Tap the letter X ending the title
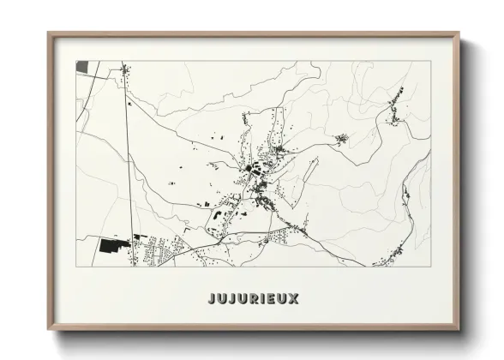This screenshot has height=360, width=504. (x=294, y=299)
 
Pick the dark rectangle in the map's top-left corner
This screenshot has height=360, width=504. (x=81, y=66)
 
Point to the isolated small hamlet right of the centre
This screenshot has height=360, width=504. (x=341, y=139)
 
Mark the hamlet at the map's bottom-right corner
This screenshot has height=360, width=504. (x=395, y=253)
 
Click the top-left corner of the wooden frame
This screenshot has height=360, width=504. (x=49, y=34)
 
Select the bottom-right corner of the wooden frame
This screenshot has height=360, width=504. (x=459, y=329)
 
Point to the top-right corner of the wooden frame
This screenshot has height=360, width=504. (x=459, y=34)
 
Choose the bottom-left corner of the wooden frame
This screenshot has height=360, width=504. (x=49, y=329)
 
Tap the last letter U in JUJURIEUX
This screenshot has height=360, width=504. (x=282, y=299)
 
